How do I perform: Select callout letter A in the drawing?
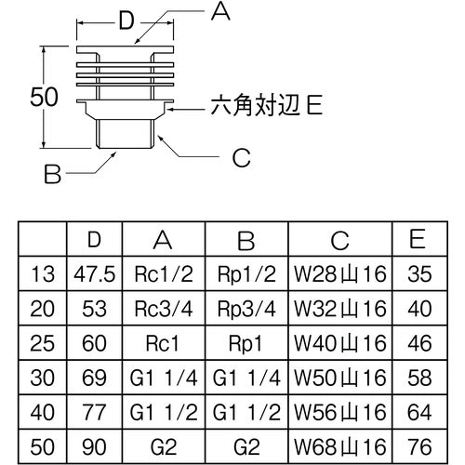[219, 11]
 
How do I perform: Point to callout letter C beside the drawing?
[241, 159]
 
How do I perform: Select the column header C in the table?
[340, 242]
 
